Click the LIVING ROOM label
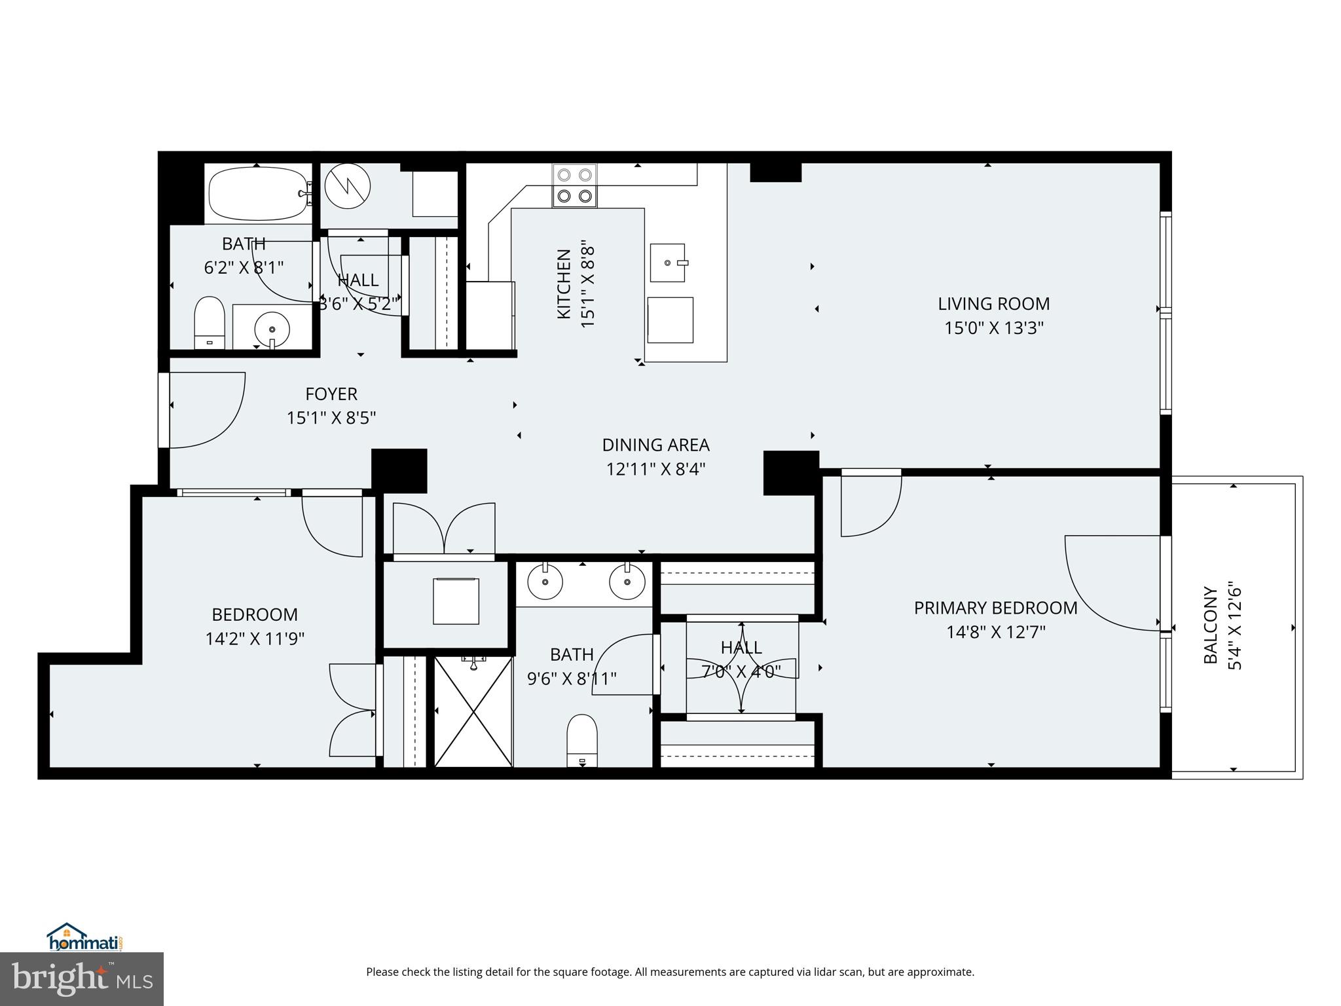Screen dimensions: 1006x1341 (x=993, y=304)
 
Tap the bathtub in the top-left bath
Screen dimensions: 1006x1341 (x=258, y=194)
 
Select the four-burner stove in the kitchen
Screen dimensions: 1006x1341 (x=574, y=185)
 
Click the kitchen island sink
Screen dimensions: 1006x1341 (x=668, y=263)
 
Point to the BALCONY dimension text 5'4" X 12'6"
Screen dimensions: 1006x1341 (x=1234, y=625)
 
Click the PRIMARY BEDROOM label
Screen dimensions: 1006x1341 (x=995, y=608)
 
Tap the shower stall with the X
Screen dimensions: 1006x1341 (x=473, y=711)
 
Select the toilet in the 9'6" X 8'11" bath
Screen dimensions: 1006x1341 (x=581, y=740)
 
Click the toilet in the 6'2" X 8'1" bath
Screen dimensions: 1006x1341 (x=210, y=323)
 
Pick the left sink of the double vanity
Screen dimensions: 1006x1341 (x=545, y=581)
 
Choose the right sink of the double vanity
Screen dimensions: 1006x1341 (x=627, y=581)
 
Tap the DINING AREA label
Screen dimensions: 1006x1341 (x=655, y=445)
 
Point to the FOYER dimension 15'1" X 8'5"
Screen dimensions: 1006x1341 (x=331, y=418)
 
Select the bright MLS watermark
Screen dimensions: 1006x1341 (x=82, y=979)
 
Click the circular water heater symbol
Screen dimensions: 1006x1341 (x=347, y=186)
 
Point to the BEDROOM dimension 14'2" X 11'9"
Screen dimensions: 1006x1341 (x=255, y=639)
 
